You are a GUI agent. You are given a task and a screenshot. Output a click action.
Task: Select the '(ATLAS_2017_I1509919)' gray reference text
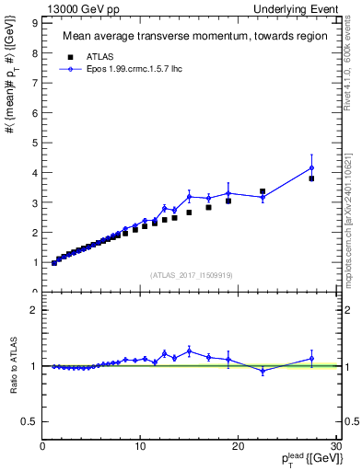pos(191,274)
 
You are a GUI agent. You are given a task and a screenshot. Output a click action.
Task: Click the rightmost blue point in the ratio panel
pos(311,359)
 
